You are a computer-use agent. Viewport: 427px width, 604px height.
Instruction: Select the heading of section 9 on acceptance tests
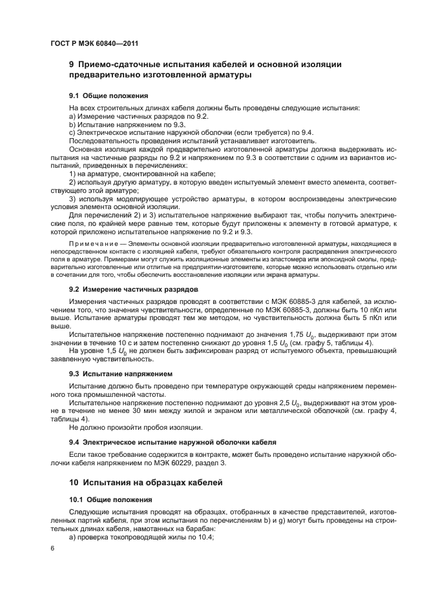205,70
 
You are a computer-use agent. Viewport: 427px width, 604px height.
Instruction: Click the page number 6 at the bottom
53,548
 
